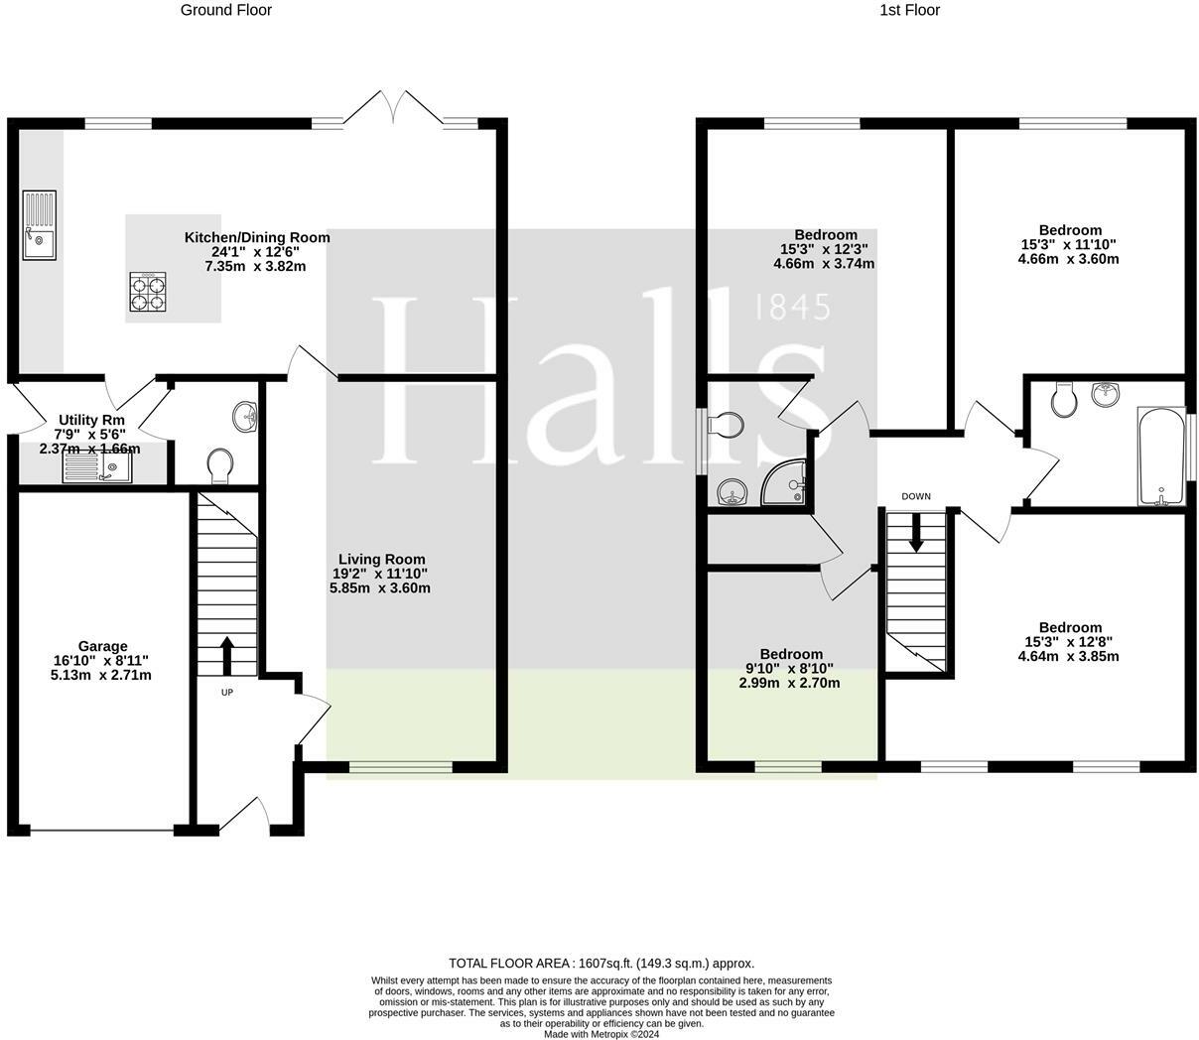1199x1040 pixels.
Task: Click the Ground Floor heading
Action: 225,10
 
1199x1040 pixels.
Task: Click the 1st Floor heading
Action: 908,10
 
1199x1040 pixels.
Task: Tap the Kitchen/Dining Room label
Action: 257,238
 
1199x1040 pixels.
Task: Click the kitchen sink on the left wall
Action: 39,224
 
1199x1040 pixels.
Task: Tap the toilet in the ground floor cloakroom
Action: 220,465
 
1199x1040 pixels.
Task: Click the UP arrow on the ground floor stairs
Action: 226,655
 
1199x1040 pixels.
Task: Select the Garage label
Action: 103,647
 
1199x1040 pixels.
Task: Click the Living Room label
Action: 381,560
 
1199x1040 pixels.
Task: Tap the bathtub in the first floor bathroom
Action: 1160,456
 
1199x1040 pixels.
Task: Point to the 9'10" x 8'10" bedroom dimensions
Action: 790,669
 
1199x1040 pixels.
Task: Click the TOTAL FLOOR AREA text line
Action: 601,963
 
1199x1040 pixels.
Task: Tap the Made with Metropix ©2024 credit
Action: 601,1034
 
